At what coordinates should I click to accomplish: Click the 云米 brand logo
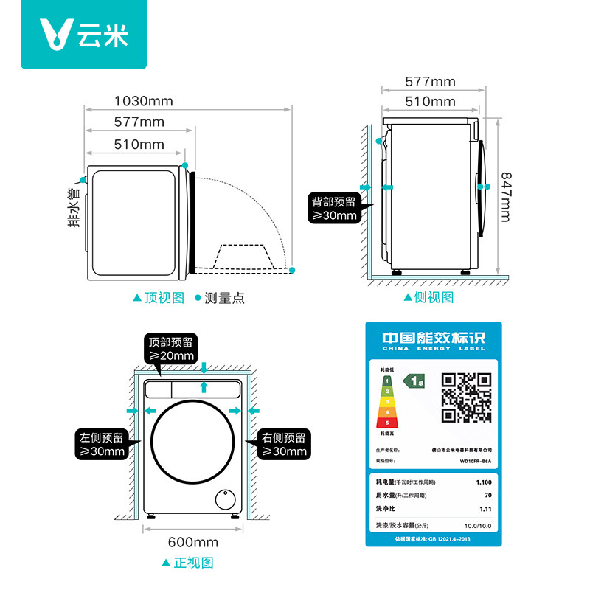click(x=83, y=35)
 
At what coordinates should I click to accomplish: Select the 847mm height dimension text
click(x=505, y=196)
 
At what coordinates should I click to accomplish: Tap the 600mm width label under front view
click(x=193, y=542)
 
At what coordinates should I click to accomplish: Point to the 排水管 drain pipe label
click(x=74, y=208)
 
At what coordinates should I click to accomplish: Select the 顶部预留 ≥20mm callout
click(x=170, y=349)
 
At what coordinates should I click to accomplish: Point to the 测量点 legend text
click(x=223, y=298)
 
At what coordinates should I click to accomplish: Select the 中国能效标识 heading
click(x=433, y=338)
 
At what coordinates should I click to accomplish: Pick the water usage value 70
click(x=486, y=496)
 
